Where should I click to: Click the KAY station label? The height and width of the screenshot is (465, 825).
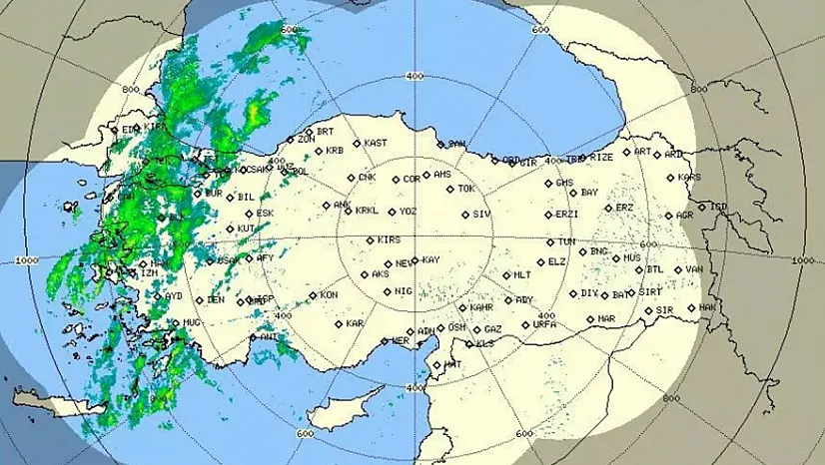[430, 260]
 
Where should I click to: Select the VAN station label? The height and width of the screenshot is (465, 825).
[694, 269]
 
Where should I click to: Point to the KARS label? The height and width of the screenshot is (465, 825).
[689, 178]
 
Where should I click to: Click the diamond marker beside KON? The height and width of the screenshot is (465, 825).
[312, 295]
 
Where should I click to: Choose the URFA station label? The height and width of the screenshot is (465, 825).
[544, 324]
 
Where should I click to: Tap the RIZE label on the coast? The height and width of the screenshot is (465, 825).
[601, 158]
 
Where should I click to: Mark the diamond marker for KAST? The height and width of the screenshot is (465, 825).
[357, 144]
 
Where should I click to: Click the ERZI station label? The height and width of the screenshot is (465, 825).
[567, 215]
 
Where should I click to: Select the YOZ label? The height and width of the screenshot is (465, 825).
[408, 212]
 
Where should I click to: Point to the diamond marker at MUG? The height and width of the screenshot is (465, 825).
[174, 322]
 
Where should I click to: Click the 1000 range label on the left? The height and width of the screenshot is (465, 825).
[27, 260]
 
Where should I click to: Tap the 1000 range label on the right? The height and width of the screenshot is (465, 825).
[802, 260]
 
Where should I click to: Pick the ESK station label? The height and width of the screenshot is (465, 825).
[265, 214]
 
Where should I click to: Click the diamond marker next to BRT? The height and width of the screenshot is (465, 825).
[309, 133]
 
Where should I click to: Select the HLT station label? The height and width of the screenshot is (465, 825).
[522, 275]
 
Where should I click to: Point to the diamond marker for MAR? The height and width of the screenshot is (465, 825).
[590, 319]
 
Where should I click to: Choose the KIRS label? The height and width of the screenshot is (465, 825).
[389, 240]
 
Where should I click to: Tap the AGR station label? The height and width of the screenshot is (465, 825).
[684, 216]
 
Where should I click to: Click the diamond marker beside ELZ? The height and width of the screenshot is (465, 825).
[540, 262]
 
